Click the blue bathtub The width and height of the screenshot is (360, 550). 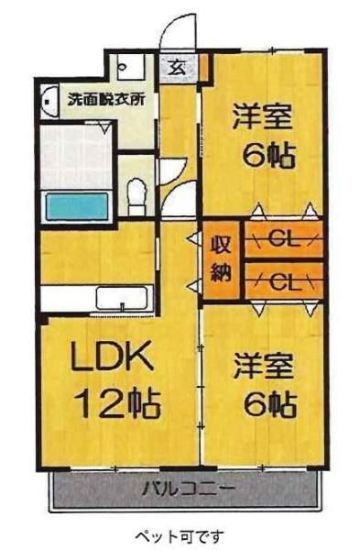pyautogui.click(x=78, y=206)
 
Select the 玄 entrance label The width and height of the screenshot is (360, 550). pyautogui.click(x=178, y=67)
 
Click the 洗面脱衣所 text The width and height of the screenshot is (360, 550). pyautogui.click(x=106, y=100)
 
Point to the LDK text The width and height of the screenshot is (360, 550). pyautogui.click(x=112, y=357)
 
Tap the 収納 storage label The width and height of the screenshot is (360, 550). pyautogui.click(x=221, y=259)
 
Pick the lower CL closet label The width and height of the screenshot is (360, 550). pyautogui.click(x=285, y=281)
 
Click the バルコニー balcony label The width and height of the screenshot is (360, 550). pyautogui.click(x=189, y=488)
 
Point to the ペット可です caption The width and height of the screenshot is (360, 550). pyautogui.click(x=180, y=535)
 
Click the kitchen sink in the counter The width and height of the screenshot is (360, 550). pyautogui.click(x=122, y=299)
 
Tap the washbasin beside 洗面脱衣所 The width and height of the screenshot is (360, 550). pyautogui.click(x=49, y=101)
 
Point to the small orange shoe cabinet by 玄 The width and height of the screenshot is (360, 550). pyautogui.click(x=204, y=67)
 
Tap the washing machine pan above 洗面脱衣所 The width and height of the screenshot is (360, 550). pyautogui.click(x=131, y=67)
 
